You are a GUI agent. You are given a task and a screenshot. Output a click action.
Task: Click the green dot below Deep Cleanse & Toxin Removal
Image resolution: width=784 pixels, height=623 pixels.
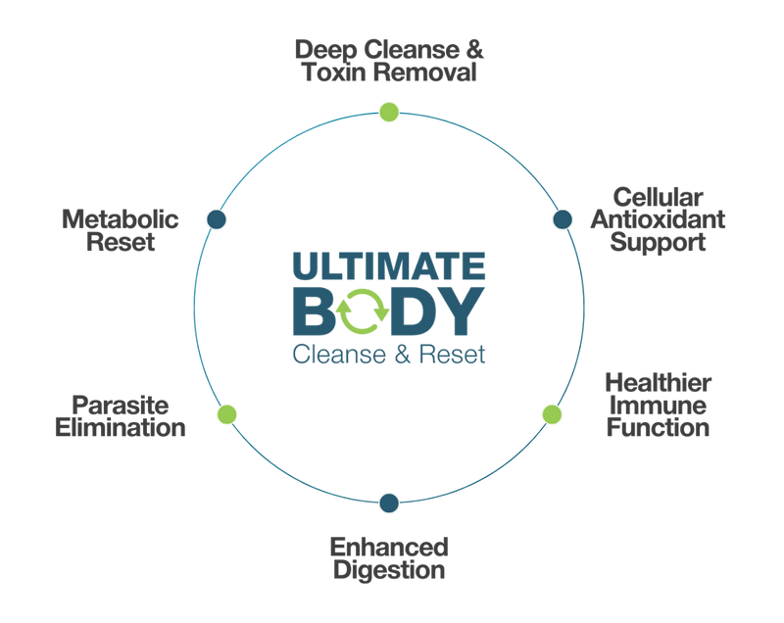(x=389, y=112)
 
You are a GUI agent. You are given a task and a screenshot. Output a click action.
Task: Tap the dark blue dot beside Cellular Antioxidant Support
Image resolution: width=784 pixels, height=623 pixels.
(x=563, y=219)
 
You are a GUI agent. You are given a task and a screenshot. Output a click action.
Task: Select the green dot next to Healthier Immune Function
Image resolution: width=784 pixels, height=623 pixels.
(x=552, y=414)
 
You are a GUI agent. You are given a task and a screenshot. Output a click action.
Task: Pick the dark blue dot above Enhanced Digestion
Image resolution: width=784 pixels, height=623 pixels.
(x=389, y=503)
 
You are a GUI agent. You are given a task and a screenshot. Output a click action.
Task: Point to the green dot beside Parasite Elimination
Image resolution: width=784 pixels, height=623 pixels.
(x=227, y=414)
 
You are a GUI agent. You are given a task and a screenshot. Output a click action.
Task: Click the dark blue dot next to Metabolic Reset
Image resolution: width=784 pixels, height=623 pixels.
(x=217, y=219)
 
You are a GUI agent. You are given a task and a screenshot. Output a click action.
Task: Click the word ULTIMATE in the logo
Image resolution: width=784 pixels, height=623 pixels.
(x=389, y=265)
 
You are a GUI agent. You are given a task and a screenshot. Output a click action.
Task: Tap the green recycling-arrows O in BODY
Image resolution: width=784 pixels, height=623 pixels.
(x=363, y=311)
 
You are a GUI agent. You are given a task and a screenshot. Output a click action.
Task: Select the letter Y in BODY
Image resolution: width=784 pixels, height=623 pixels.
(x=460, y=311)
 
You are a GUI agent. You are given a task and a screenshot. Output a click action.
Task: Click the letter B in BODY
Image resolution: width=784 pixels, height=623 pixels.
(x=314, y=311)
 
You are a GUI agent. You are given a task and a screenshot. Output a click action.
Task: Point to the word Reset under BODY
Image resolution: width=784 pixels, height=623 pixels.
(x=452, y=355)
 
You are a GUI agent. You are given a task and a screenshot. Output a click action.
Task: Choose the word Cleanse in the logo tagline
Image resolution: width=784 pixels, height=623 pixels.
(x=339, y=355)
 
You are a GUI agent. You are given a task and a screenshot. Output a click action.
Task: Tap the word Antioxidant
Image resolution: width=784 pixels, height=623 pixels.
(x=658, y=219)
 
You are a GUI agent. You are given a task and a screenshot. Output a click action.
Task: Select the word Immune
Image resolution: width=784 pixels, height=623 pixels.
(x=658, y=406)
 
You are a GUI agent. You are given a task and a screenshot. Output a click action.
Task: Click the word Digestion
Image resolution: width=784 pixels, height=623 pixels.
(x=389, y=570)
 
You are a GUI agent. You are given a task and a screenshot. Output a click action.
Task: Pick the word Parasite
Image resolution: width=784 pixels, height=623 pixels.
(x=121, y=406)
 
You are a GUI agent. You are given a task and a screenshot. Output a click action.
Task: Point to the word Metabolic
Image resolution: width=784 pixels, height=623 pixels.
(x=120, y=219)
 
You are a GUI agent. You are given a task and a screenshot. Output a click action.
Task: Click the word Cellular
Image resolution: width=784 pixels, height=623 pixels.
(x=658, y=197)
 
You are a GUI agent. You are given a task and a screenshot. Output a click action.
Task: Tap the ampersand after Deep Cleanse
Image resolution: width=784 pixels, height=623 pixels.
(x=475, y=50)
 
